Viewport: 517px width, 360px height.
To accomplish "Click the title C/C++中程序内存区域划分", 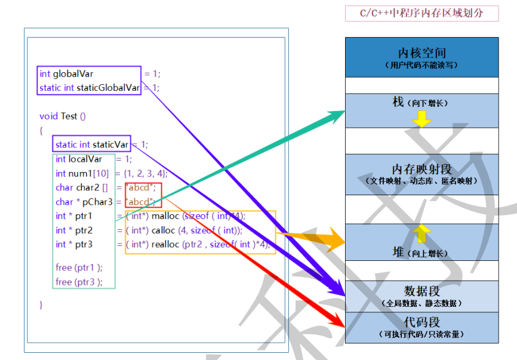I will [x=421, y=13].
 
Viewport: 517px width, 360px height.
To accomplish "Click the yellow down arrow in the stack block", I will [x=421, y=119].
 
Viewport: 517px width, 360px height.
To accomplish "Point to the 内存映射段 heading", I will [x=421, y=170].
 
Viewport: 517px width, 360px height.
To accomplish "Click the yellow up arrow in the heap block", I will [x=421, y=233].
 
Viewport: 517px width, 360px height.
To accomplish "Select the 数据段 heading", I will [x=421, y=291].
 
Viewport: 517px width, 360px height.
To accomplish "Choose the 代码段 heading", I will [x=421, y=323].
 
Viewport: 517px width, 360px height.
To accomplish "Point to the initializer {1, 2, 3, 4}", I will [x=145, y=173].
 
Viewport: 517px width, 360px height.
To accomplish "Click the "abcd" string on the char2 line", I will [x=140, y=187].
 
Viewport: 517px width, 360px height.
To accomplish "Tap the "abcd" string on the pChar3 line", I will [x=140, y=202].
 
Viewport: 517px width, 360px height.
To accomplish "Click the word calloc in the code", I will [x=162, y=230].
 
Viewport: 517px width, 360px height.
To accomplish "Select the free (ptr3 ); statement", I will [x=79, y=282].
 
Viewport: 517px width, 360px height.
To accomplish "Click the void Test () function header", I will [x=63, y=116].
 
